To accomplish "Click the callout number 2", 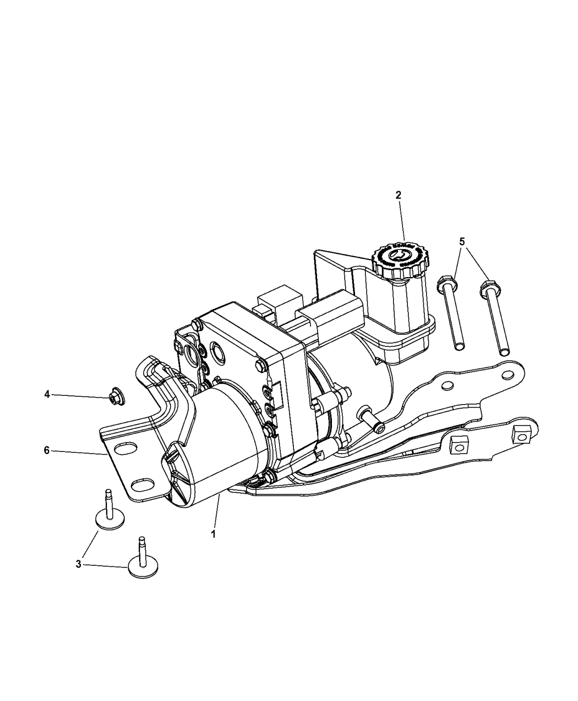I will [398, 195].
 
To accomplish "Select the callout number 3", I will [79, 564].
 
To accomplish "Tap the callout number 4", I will [47, 394].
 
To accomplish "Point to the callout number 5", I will [462, 241].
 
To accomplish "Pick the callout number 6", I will [47, 450].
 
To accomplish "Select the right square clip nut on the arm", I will [520, 434].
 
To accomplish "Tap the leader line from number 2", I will [401, 220].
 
